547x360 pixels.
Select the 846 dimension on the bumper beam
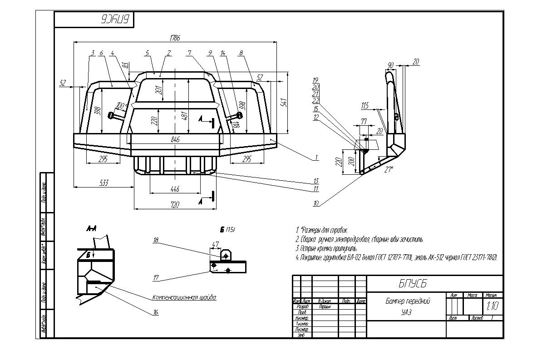[175, 139]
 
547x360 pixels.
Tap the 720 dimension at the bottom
[174, 205]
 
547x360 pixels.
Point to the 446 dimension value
[175, 189]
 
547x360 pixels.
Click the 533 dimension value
[103, 182]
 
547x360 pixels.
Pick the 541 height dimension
[285, 103]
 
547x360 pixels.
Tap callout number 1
[316, 158]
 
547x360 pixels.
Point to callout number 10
[315, 204]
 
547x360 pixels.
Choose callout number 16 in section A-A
[156, 312]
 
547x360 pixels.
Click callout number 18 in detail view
[156, 241]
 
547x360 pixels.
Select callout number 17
[156, 278]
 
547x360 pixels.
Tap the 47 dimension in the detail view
[215, 244]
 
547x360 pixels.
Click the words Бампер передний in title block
[408, 301]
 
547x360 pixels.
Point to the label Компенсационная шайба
[184, 298]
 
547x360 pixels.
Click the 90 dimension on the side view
[390, 64]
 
